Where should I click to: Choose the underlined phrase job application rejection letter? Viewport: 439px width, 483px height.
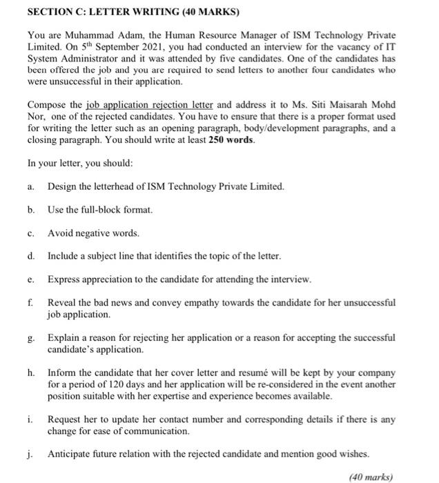coord(151,105)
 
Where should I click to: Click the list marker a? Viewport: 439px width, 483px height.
coord(31,187)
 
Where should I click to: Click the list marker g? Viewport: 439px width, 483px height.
coord(31,338)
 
